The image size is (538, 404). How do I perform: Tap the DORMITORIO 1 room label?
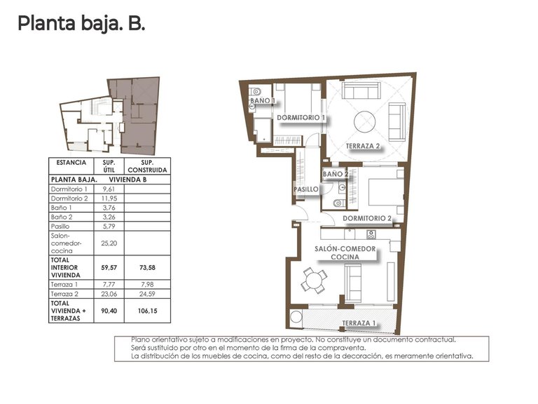pyautogui.click(x=300, y=117)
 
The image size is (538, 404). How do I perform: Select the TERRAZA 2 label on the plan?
pyautogui.click(x=362, y=146)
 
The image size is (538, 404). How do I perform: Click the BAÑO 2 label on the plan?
pyautogui.click(x=335, y=173)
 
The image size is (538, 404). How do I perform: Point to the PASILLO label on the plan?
pyautogui.click(x=305, y=189)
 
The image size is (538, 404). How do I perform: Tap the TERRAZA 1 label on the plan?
pyautogui.click(x=359, y=323)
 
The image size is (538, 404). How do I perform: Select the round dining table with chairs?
pyautogui.click(x=313, y=281)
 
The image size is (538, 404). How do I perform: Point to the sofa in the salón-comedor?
pyautogui.click(x=352, y=285)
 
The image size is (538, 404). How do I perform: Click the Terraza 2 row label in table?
pyautogui.click(x=65, y=294)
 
